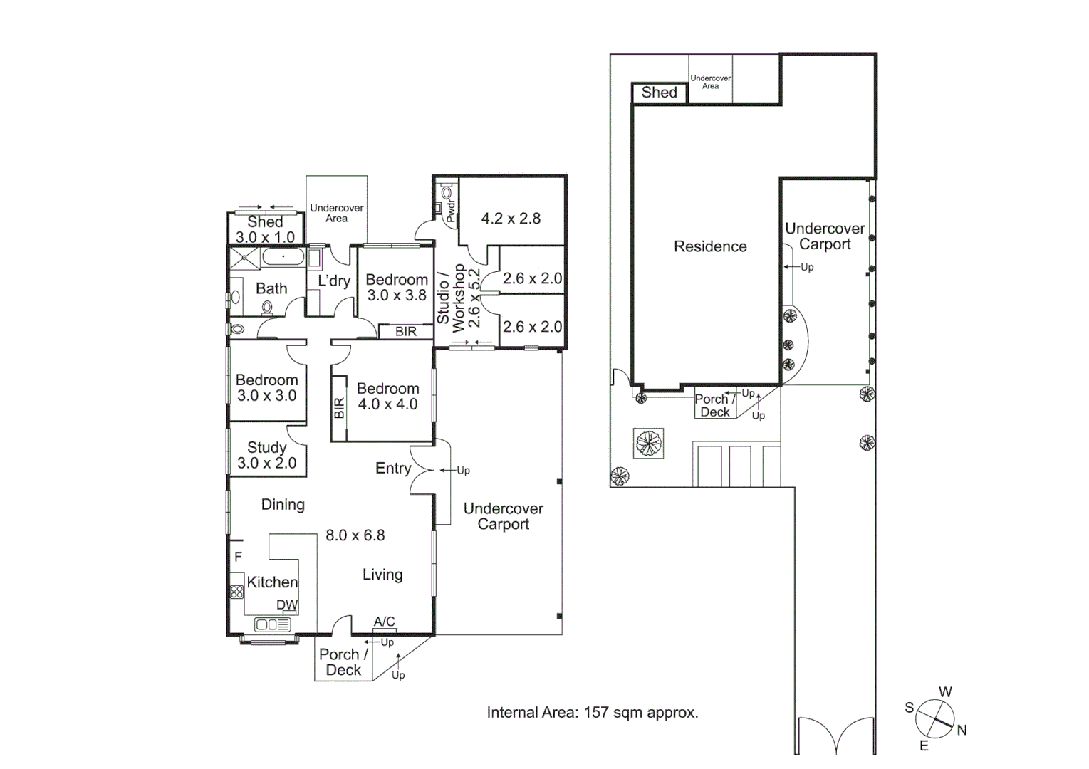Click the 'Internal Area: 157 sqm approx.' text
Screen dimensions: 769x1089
point(592,712)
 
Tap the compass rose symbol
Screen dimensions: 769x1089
point(935,718)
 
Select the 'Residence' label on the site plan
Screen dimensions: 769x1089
point(710,246)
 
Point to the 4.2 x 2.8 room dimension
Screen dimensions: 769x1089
point(511,219)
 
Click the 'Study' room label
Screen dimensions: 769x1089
point(266,447)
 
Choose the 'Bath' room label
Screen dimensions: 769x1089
point(271,288)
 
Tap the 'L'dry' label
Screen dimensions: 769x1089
point(334,281)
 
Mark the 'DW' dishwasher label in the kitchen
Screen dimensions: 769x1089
point(287,605)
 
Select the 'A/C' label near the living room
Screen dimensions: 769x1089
point(385,622)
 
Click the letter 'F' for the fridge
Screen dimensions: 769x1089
point(239,557)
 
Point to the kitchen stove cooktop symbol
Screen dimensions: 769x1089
point(237,591)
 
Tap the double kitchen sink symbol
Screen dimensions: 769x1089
point(272,624)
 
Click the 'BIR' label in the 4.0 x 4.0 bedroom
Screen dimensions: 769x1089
point(339,408)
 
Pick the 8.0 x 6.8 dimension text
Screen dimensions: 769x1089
point(355,535)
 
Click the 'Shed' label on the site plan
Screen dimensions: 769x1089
point(659,93)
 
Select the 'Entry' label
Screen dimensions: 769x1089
point(393,468)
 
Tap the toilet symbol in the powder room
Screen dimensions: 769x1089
point(447,192)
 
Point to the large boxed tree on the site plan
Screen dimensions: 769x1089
point(648,443)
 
